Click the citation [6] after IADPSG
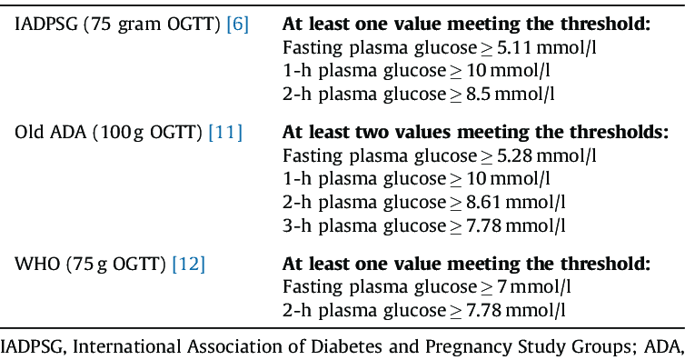coord(240,25)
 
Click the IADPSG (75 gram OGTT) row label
coord(117,25)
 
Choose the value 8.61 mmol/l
coord(518,200)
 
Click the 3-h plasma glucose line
coord(424,222)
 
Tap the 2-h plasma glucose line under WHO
coord(424,309)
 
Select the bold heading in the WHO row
coord(466,265)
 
